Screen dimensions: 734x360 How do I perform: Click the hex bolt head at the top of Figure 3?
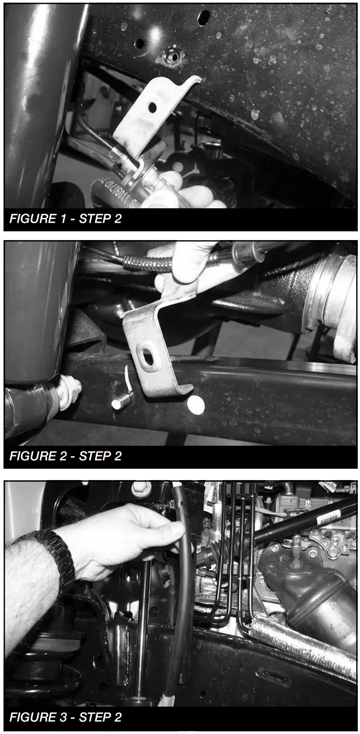click(x=141, y=489)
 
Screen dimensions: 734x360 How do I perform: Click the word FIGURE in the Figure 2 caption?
click(x=30, y=456)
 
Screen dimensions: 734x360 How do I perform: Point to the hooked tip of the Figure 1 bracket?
click(x=195, y=80)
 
